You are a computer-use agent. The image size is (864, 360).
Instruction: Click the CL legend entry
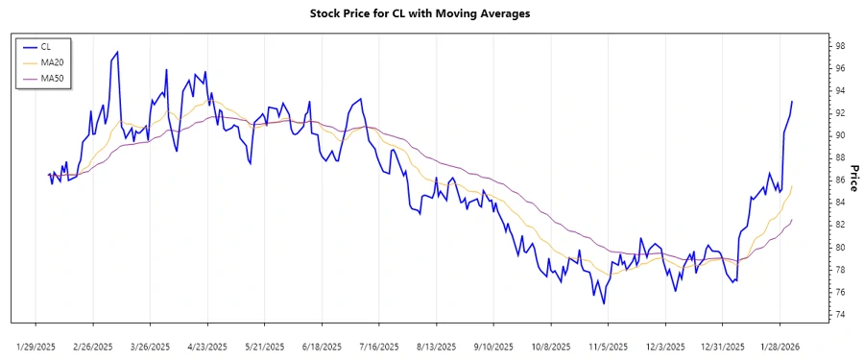click(x=45, y=46)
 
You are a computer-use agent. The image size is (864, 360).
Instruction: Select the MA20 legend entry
click(x=51, y=62)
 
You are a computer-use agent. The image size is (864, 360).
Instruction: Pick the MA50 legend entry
click(x=51, y=78)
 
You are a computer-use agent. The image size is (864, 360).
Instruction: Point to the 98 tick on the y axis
click(x=838, y=46)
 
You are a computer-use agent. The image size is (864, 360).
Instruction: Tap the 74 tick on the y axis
click(x=838, y=315)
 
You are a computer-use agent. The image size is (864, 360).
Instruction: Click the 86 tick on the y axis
click(x=838, y=180)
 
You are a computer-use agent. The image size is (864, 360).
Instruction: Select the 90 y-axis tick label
click(x=838, y=135)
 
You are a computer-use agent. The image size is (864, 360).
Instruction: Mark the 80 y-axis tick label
click(x=838, y=248)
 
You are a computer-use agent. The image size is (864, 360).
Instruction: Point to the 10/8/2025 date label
click(x=551, y=347)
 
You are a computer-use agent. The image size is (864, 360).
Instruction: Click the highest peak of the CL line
click(x=117, y=52)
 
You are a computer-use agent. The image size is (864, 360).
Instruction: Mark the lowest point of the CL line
click(x=604, y=304)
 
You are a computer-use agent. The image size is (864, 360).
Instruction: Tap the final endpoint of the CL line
click(x=792, y=101)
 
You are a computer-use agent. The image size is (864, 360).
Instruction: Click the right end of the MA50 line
click(x=792, y=220)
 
